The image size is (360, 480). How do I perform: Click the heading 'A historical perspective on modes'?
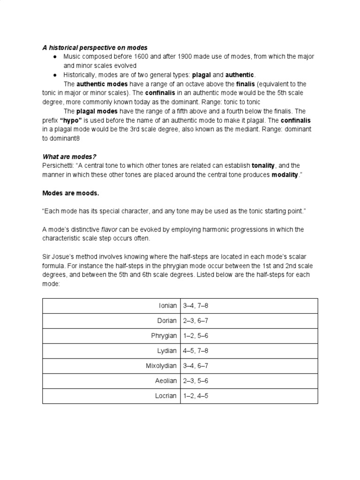[95, 48]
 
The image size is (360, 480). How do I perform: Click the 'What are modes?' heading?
[69, 157]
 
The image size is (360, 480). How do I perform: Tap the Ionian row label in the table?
[168, 306]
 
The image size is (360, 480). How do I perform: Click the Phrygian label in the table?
[164, 336]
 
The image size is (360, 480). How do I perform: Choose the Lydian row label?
[167, 351]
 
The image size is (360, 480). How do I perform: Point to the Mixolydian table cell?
[161, 366]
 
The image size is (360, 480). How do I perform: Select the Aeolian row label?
[166, 381]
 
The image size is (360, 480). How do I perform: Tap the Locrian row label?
[166, 396]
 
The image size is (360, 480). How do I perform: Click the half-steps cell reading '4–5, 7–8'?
[195, 351]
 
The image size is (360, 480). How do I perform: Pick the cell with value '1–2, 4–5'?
[195, 396]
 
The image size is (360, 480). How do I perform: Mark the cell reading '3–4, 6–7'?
[195, 366]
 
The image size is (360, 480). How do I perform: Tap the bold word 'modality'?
[285, 175]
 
